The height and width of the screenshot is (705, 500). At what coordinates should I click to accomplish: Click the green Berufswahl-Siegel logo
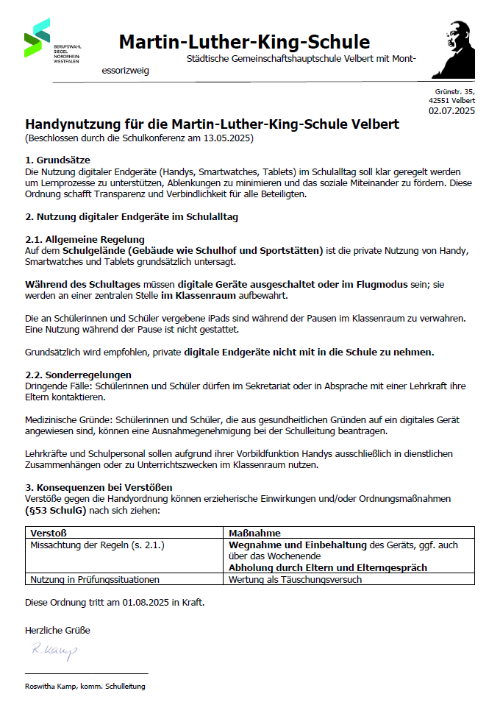[x=37, y=38]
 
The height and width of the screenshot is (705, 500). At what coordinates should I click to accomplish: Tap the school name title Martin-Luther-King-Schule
[x=244, y=41]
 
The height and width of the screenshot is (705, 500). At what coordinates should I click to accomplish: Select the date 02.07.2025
[x=451, y=111]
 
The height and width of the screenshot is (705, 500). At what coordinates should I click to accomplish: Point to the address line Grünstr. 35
[x=454, y=91]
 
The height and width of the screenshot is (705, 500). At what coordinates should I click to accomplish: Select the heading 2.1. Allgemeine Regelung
[x=85, y=239]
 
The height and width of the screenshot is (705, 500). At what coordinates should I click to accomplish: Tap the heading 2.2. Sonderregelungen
[x=78, y=375]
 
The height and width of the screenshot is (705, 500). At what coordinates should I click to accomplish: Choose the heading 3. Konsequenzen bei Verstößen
[x=99, y=487]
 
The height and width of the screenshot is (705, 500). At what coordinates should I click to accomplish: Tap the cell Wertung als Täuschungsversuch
[x=295, y=579]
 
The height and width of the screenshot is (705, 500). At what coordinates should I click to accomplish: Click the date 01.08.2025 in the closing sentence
[x=146, y=603]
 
